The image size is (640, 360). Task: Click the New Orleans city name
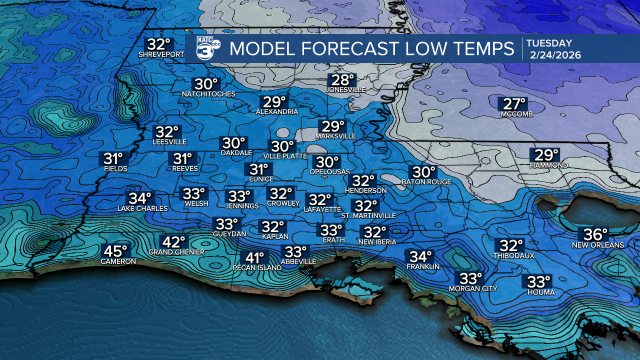point(598,245)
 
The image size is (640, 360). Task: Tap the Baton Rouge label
point(426,182)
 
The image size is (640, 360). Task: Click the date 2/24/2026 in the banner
point(554,55)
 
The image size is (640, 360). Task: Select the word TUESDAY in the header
point(549,43)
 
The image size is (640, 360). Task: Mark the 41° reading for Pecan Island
point(254,257)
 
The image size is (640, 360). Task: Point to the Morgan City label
point(473,288)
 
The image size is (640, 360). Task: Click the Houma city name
point(541,292)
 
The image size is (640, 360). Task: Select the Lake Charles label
point(142,208)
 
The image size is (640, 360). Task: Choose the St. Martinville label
point(368,215)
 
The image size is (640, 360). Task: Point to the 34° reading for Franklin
point(420,256)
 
